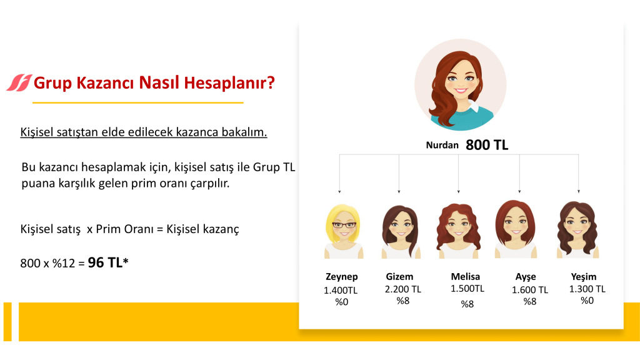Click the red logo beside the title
[x=19, y=83]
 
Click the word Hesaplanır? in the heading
[x=229, y=83]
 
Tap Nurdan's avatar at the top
[x=461, y=85]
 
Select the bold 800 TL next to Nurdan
[x=487, y=145]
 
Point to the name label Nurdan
[x=442, y=145]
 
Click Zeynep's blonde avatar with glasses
[x=343, y=231]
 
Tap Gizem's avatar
[x=401, y=232]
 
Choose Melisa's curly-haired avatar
[x=458, y=231]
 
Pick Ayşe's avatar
[x=516, y=229]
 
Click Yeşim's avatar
[x=577, y=229]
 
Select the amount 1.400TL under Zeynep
[x=341, y=290]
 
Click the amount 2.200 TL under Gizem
[x=403, y=289]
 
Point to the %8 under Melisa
[x=467, y=304]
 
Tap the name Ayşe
[x=526, y=277]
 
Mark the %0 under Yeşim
[x=587, y=301]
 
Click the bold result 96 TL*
[x=108, y=262]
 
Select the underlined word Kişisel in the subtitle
[x=37, y=132]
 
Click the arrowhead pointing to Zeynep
[x=339, y=191]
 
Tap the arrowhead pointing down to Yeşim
[x=578, y=191]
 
